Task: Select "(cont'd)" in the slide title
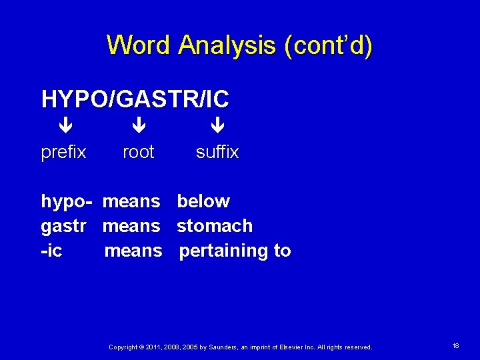pyautogui.click(x=328, y=45)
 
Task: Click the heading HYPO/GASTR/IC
pyautogui.click(x=135, y=99)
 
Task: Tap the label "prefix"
pyautogui.click(x=64, y=152)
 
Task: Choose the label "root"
pyautogui.click(x=139, y=152)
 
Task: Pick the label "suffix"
pyautogui.click(x=217, y=152)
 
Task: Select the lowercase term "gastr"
pyautogui.click(x=64, y=226)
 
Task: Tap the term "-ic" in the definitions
pyautogui.click(x=51, y=251)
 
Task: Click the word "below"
pyautogui.click(x=203, y=201)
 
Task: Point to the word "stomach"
pyautogui.click(x=215, y=226)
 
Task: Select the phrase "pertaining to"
pyautogui.click(x=235, y=251)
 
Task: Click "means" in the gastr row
pyautogui.click(x=131, y=226)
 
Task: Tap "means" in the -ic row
pyautogui.click(x=133, y=251)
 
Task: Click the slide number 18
pyautogui.click(x=455, y=346)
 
